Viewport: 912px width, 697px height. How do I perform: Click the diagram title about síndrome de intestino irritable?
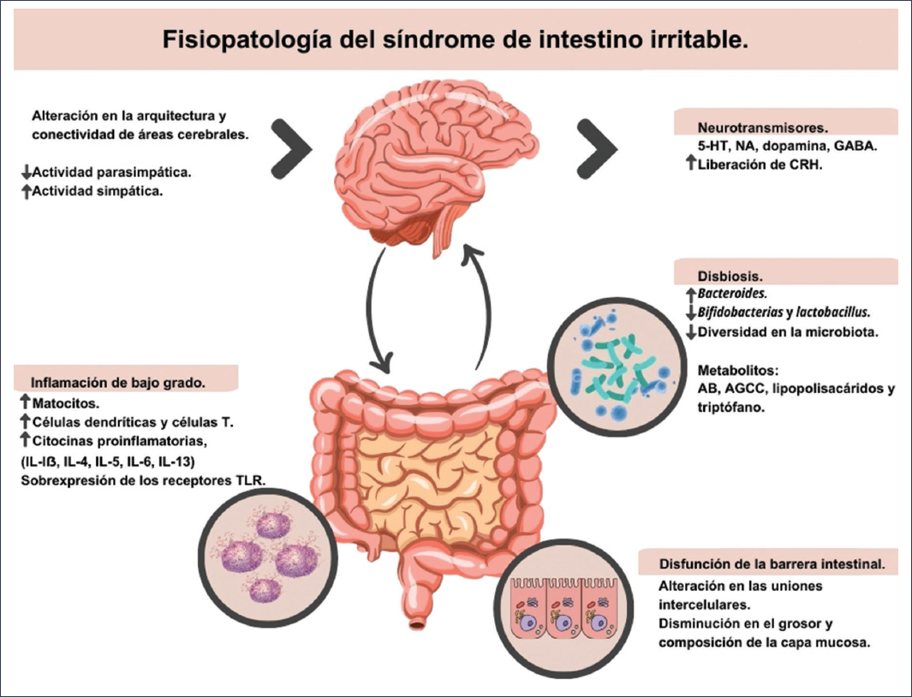pos(455,40)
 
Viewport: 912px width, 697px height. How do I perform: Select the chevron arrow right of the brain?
pos(596,146)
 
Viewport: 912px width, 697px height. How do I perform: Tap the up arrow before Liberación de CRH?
pos(690,164)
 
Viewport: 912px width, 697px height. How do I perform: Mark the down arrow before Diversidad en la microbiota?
pos(690,331)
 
